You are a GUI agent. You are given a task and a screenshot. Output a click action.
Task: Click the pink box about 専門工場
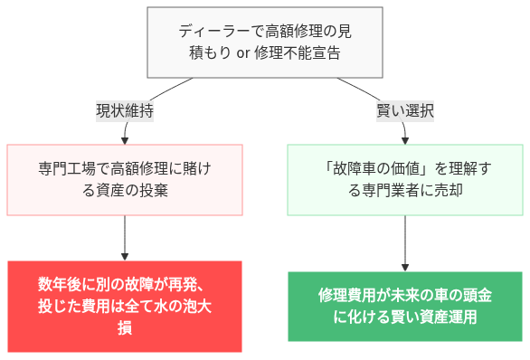125,179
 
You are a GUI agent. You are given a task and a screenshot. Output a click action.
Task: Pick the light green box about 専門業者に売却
404,179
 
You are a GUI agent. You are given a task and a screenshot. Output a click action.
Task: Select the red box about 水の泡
125,306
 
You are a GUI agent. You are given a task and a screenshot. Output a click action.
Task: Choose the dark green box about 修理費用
404,306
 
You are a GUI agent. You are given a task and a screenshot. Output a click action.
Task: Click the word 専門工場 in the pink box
67,168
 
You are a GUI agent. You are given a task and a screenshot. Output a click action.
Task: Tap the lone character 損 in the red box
125,327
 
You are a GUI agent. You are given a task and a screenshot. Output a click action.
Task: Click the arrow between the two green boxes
404,242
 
